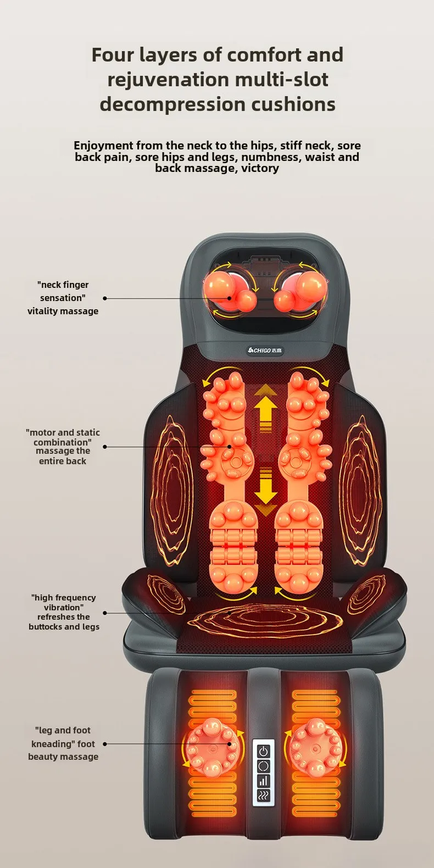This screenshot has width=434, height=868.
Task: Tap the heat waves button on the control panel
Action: pyautogui.click(x=264, y=795)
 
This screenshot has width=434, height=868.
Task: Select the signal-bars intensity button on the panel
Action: pyautogui.click(x=264, y=781)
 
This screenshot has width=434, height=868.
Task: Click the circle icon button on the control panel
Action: pyautogui.click(x=264, y=766)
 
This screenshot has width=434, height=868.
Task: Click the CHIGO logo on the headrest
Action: pyautogui.click(x=265, y=350)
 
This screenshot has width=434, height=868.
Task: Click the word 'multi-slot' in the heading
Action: pyautogui.click(x=281, y=80)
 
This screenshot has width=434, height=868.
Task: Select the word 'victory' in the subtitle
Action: pyautogui.click(x=260, y=168)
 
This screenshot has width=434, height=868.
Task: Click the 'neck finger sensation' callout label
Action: pyautogui.click(x=63, y=298)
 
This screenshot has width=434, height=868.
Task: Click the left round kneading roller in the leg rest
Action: pyautogui.click(x=212, y=747)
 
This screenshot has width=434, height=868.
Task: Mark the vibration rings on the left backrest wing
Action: pyautogui.click(x=171, y=483)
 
